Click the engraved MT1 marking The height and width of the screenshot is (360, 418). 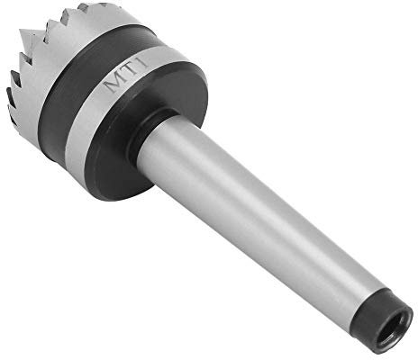126,75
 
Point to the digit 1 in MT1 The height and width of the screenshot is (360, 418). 144,64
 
